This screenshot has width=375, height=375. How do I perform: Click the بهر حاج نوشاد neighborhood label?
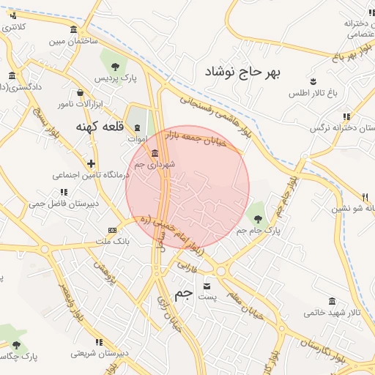click(243, 72)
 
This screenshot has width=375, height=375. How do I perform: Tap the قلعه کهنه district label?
click(100, 127)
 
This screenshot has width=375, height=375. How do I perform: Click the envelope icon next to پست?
click(207, 285)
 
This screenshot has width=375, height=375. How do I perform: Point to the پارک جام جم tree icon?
click(256, 217)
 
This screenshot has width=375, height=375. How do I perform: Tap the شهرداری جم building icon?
click(155, 153)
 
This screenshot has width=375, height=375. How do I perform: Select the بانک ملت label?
click(113, 241)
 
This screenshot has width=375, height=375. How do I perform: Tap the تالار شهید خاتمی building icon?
click(333, 301)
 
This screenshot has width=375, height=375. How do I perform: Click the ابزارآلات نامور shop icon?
click(80, 93)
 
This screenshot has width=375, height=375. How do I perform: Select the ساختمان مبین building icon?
click(73, 29)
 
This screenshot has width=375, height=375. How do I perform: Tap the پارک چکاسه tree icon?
click(16, 345)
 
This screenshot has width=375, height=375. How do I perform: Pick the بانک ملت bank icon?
click(112, 229)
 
